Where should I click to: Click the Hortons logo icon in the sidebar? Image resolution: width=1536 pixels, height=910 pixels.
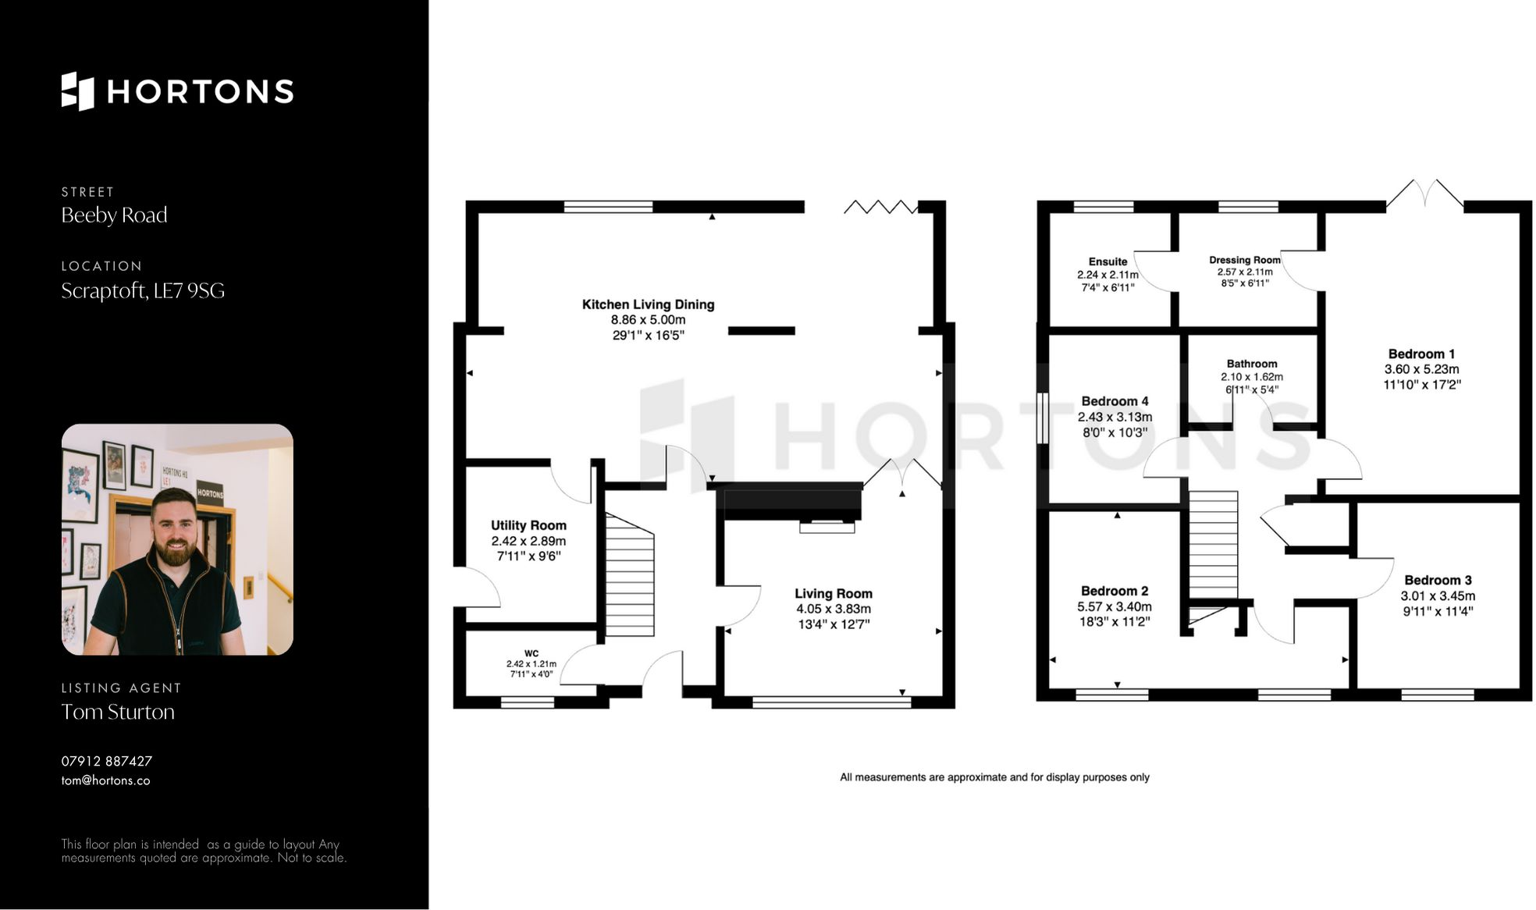(x=77, y=91)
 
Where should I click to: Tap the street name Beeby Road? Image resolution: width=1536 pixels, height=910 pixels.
(x=114, y=215)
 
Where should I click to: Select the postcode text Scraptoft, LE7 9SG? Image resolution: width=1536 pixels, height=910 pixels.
(x=143, y=291)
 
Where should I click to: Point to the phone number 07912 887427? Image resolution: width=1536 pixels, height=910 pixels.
(x=107, y=761)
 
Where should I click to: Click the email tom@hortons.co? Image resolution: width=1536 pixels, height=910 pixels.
(x=105, y=780)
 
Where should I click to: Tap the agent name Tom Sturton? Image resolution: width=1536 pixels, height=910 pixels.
(x=118, y=712)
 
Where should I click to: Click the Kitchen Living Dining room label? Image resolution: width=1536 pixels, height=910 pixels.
(x=648, y=304)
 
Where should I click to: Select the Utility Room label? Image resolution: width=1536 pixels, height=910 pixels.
(x=528, y=525)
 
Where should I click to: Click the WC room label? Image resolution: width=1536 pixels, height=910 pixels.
(x=532, y=653)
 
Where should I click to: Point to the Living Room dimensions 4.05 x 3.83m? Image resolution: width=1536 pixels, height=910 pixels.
(x=833, y=609)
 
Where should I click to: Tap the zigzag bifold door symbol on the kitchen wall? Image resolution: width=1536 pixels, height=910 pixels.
(x=880, y=207)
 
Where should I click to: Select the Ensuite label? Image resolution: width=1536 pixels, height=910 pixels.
(x=1108, y=261)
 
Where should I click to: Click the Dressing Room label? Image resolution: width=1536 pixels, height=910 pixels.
(x=1244, y=260)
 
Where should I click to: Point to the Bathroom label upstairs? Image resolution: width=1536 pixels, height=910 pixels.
(x=1251, y=364)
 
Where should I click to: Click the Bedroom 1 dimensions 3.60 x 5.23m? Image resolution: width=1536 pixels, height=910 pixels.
(x=1421, y=369)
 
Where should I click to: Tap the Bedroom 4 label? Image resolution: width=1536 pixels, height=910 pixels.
(x=1115, y=401)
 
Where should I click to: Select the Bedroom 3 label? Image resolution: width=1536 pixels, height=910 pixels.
(x=1438, y=580)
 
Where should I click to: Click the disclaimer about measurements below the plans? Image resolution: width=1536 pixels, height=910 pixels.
(x=994, y=777)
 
